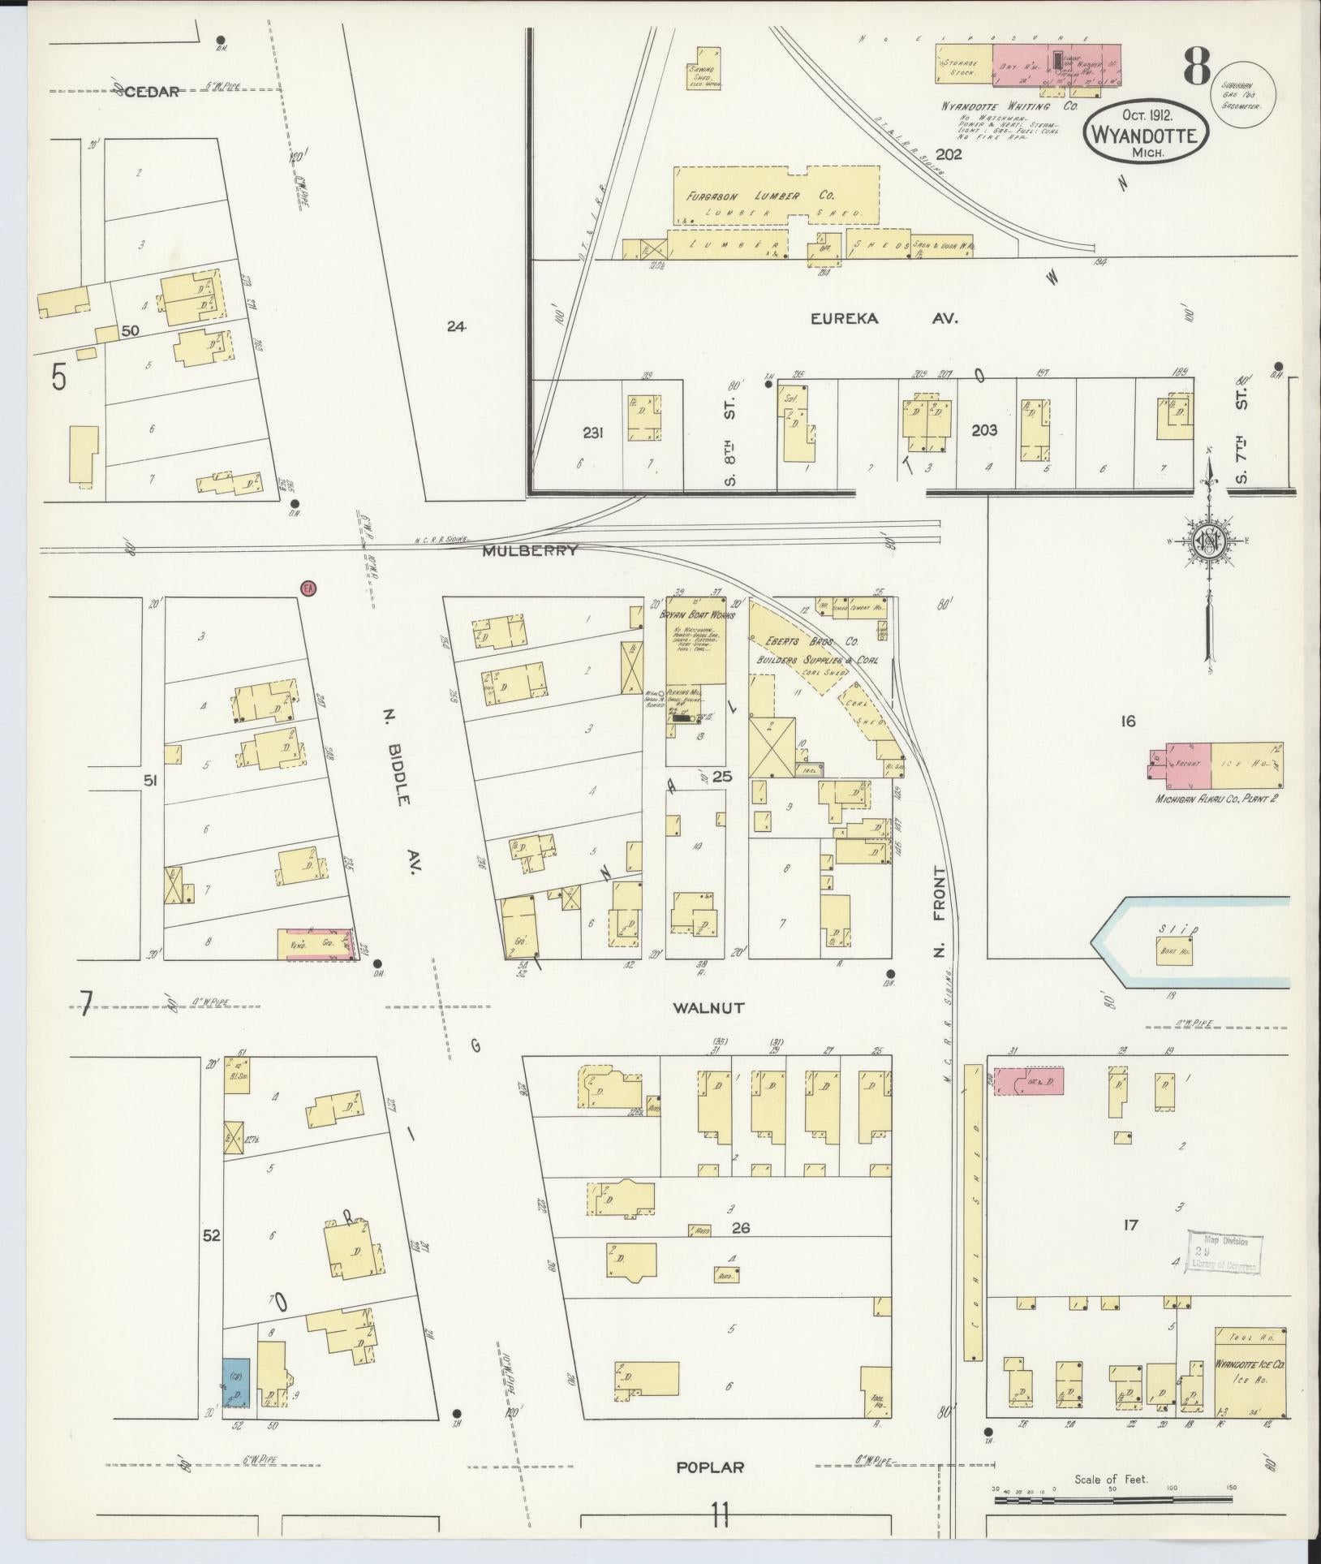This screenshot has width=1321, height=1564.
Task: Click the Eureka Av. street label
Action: pyautogui.click(x=884, y=319)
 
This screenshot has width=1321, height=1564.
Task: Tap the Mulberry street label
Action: pyautogui.click(x=530, y=550)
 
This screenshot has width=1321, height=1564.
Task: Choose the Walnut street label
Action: pyautogui.click(x=708, y=1008)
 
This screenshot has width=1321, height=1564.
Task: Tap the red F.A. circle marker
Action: pyautogui.click(x=308, y=588)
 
